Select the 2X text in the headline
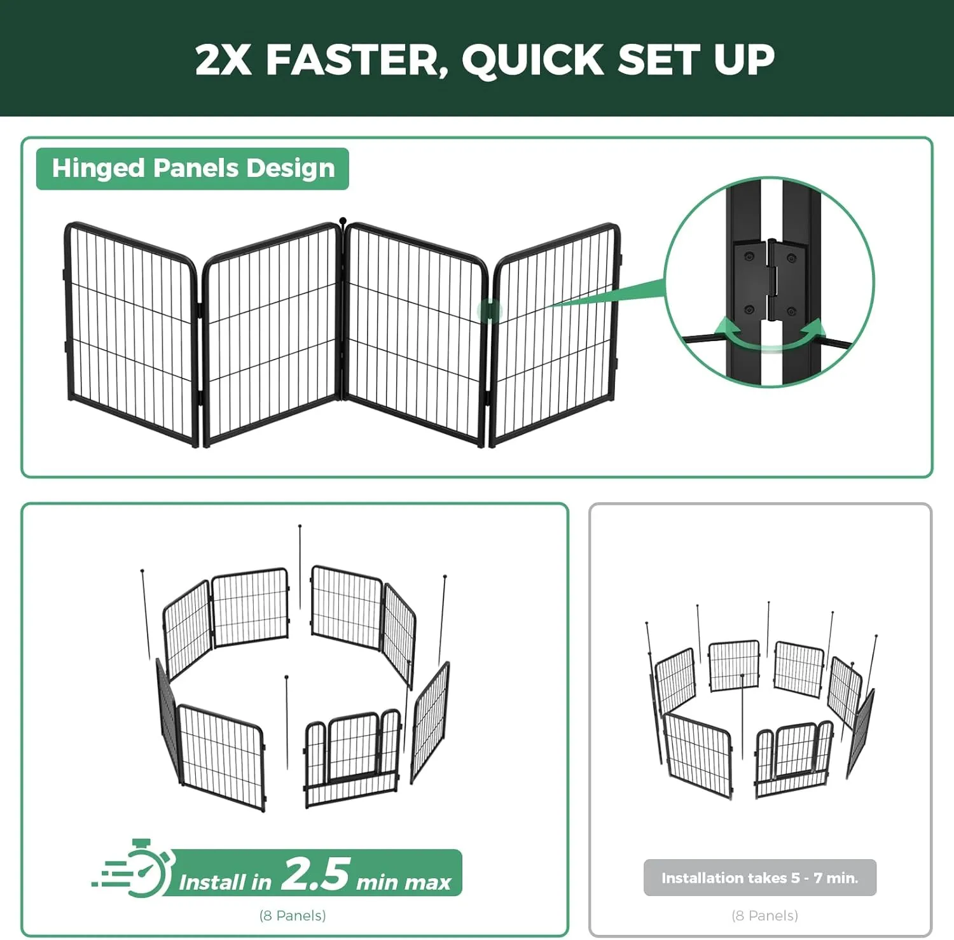point(223,60)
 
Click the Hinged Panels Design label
point(193,169)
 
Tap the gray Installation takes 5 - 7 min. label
point(760,878)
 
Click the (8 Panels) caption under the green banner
point(293,915)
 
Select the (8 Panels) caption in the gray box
point(764,915)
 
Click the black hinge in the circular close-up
point(771,280)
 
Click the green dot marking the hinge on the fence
point(490,311)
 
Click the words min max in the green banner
point(404,882)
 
